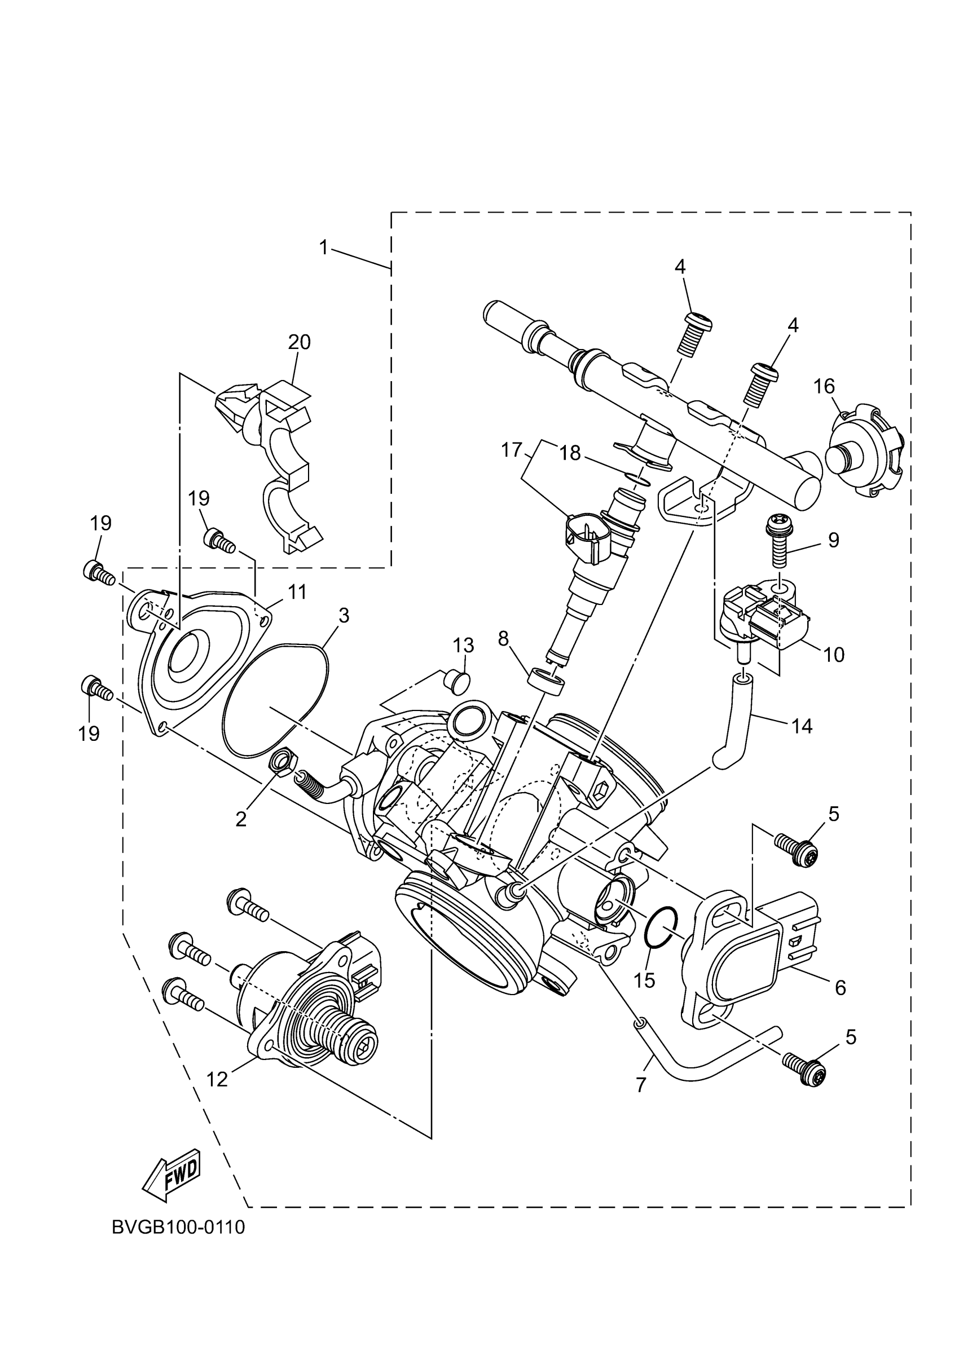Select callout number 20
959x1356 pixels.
(x=299, y=342)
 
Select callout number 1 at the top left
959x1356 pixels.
(x=323, y=248)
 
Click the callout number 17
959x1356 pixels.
(x=512, y=450)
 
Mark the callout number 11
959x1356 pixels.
(x=297, y=592)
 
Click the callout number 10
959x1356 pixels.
(x=834, y=654)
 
